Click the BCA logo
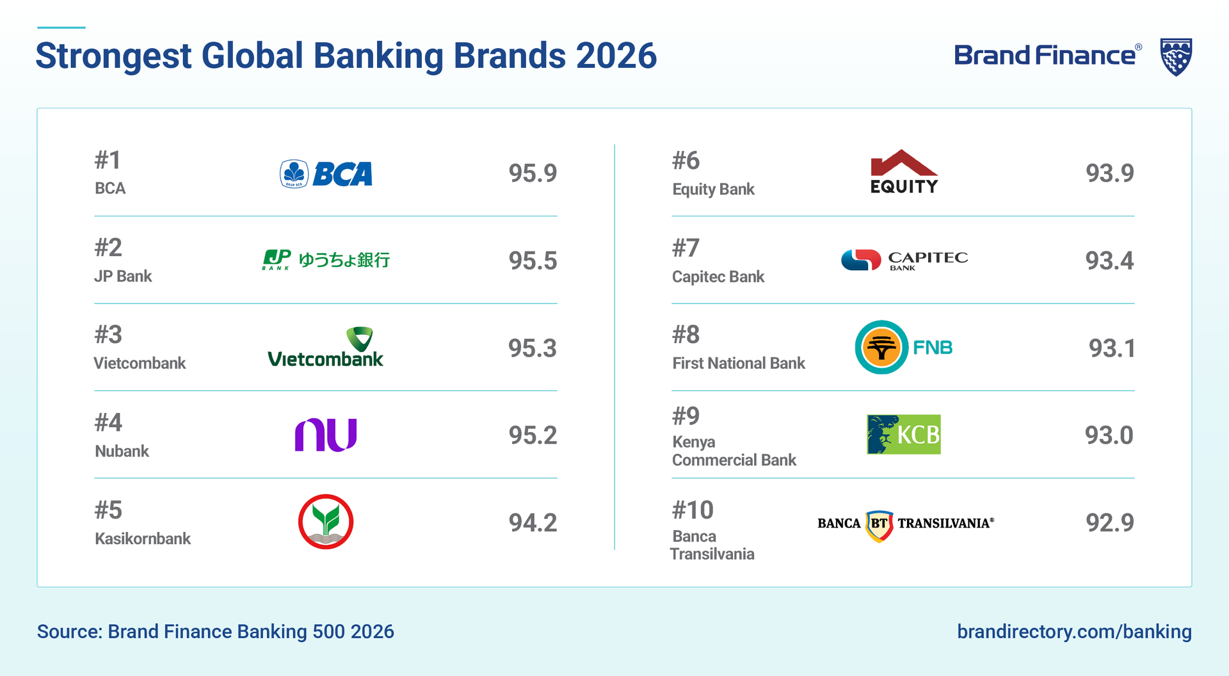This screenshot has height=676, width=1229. [326, 173]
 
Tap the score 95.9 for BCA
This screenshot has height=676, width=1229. [533, 173]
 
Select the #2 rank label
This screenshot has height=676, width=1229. [108, 248]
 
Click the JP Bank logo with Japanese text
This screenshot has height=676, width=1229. [326, 259]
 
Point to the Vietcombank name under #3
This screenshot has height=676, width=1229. [140, 364]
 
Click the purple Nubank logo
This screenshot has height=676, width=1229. [325, 435]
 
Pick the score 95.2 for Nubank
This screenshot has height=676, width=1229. [533, 435]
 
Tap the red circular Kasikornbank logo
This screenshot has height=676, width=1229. [326, 522]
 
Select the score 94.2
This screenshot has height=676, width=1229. [533, 523]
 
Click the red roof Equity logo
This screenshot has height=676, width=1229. [904, 172]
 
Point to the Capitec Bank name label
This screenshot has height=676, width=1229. [718, 277]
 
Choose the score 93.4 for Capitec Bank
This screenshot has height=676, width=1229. [1109, 261]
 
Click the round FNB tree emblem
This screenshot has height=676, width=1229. [881, 348]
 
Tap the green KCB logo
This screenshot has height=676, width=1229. [904, 435]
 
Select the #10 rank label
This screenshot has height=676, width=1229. [693, 510]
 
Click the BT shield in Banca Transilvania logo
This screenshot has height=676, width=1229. [879, 525]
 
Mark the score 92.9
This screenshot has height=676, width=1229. [1109, 523]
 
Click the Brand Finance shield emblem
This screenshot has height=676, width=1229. [1176, 56]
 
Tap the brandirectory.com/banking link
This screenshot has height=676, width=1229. [1074, 632]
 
